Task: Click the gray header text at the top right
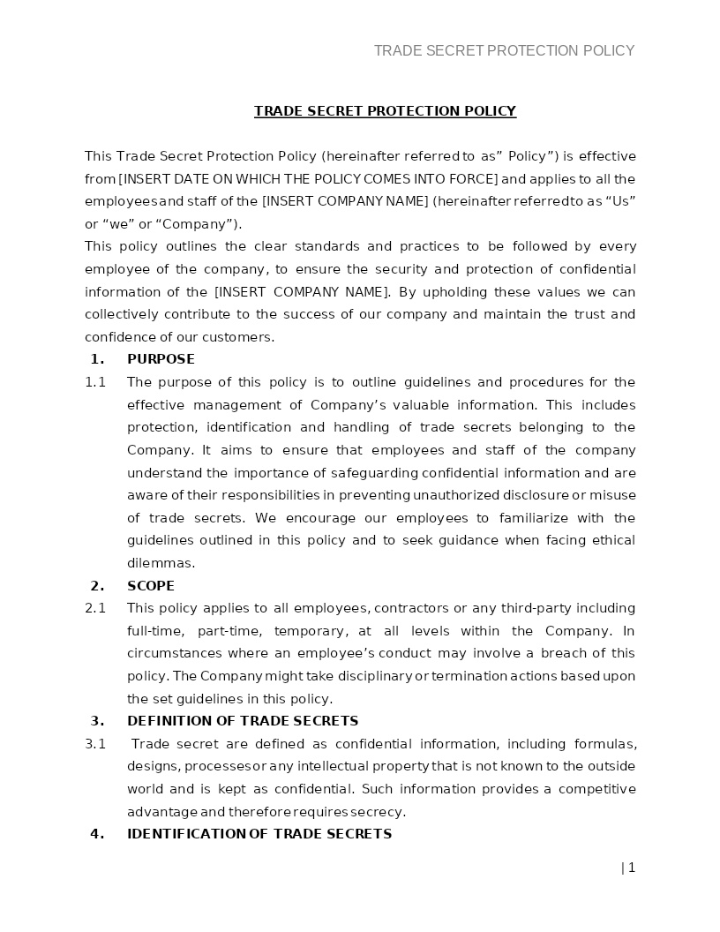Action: coord(504,50)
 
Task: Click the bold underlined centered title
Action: coord(385,110)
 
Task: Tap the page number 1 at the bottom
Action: coord(631,868)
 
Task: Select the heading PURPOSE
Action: coord(161,359)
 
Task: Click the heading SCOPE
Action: coord(151,586)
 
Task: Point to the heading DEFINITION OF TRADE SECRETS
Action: coord(243,721)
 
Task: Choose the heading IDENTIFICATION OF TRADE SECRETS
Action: coord(259,834)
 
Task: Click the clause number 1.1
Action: coord(95,382)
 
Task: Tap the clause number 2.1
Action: coord(95,608)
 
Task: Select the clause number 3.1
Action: coord(95,744)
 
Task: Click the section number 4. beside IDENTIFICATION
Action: coord(97,834)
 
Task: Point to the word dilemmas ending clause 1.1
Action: coord(161,563)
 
